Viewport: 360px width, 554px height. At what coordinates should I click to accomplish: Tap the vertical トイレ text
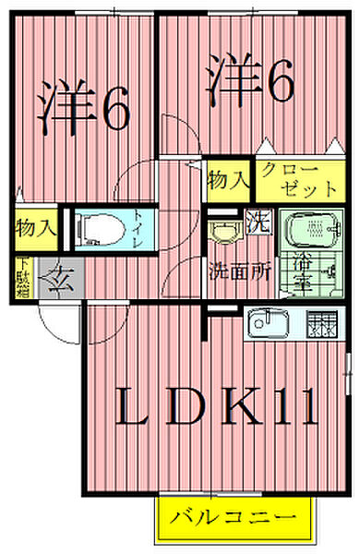[x=137, y=226]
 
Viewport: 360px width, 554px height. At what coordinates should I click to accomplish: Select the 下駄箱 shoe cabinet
[x=20, y=277]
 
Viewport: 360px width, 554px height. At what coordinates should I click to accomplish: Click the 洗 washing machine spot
[x=260, y=224]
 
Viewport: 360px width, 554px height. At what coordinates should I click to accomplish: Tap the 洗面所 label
[x=238, y=272]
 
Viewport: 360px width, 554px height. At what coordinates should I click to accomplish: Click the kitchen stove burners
[x=323, y=325]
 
